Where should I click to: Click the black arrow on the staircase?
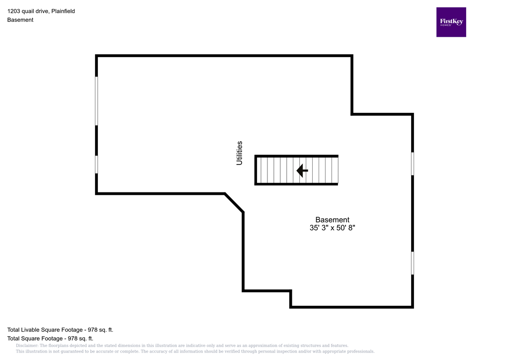coord(302,171)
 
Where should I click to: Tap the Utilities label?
coord(240,153)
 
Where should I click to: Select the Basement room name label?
coord(332,220)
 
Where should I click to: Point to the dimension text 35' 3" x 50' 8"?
coord(332,228)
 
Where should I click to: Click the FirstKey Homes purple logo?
coord(451,22)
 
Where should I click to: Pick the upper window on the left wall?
coord(96,100)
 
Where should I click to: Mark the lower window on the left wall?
coord(96,164)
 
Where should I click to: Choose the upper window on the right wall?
coord(413,164)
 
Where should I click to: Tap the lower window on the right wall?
coord(413,263)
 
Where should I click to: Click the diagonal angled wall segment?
coord(234,202)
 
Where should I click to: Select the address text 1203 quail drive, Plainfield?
coord(41,11)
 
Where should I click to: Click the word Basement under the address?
coord(20,20)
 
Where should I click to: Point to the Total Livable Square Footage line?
coord(63,330)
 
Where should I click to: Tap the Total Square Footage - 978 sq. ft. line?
coord(50,338)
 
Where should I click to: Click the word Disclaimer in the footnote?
coord(27,346)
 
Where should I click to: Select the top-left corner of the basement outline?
coord(96,56)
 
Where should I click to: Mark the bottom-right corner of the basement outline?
coord(413,307)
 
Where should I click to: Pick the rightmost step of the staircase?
coord(335,171)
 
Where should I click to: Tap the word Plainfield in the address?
coord(63,11)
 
